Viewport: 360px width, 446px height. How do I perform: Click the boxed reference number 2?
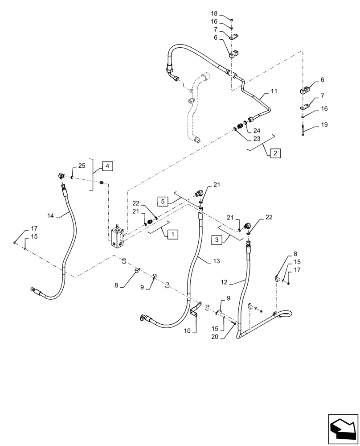pos(275,153)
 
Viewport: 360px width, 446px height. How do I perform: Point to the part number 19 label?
pos(324,125)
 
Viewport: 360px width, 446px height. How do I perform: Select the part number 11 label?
pos(274,91)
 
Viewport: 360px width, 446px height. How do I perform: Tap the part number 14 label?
pos(51,215)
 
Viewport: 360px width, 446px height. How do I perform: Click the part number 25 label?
pos(82,166)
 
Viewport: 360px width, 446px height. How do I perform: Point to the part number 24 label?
pos(256,131)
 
